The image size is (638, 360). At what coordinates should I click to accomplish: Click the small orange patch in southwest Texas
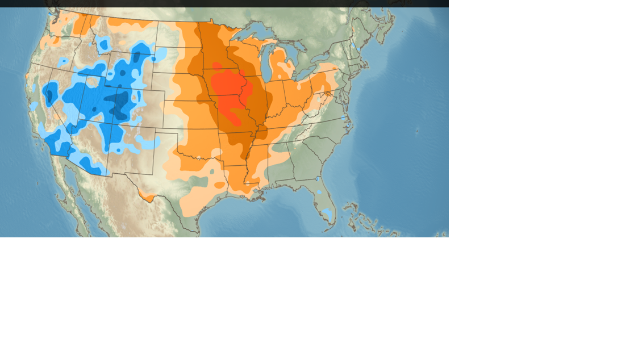tap(147, 196)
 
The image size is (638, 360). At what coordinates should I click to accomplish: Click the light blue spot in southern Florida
tap(327, 214)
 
